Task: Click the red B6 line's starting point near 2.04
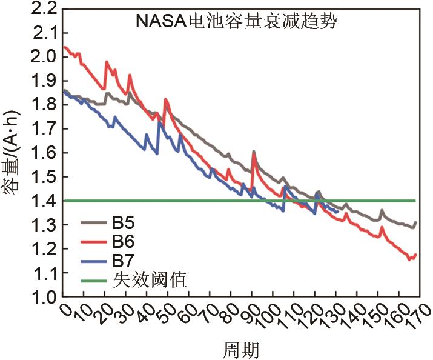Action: (64, 47)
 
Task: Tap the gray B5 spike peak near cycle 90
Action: (253, 151)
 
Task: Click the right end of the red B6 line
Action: (415, 255)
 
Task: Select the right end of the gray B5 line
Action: (415, 222)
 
